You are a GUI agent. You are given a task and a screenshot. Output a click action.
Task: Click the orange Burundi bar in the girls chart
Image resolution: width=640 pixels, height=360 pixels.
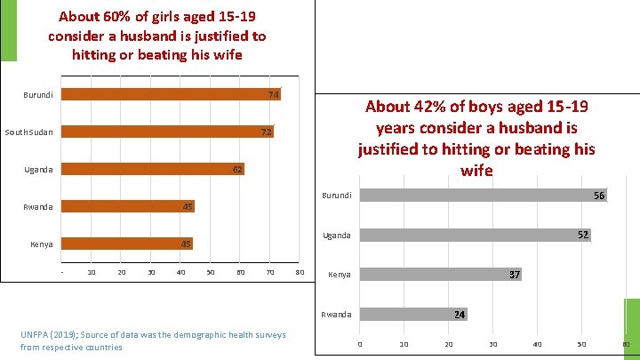coord(169,94)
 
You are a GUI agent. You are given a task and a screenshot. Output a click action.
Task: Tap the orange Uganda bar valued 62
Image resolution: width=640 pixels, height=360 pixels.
coord(151,169)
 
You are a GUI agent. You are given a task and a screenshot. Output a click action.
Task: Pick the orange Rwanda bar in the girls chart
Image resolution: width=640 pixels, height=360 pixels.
coord(124,207)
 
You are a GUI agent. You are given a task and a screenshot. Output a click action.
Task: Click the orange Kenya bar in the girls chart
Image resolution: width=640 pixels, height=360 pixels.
coord(124,244)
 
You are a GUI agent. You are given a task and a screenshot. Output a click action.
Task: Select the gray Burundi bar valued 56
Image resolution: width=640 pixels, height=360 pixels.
coord(480,195)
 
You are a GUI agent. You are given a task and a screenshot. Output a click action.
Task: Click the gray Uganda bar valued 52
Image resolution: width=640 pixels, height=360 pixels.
coord(471,235)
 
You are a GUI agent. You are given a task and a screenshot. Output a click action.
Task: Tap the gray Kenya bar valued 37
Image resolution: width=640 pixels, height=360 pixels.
coord(436,275)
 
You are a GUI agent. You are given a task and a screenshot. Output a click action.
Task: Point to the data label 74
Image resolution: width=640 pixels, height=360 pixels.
coord(274,94)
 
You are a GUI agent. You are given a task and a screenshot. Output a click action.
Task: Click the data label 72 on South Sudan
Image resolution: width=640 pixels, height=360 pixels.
coord(266,132)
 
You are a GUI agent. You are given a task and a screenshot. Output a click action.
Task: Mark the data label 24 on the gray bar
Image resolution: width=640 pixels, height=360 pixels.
coord(460,315)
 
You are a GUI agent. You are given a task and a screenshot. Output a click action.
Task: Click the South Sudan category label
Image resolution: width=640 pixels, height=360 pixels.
coord(28,132)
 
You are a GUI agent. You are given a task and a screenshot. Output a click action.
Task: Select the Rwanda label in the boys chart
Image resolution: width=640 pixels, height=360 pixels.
coord(337,315)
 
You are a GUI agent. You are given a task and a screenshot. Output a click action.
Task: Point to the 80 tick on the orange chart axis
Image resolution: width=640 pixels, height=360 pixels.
coord(300,271)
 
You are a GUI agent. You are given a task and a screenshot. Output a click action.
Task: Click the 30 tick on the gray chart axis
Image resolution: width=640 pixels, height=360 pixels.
coord(492,344)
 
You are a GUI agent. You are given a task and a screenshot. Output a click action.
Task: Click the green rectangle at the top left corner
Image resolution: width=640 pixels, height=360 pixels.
coord(8,30)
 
